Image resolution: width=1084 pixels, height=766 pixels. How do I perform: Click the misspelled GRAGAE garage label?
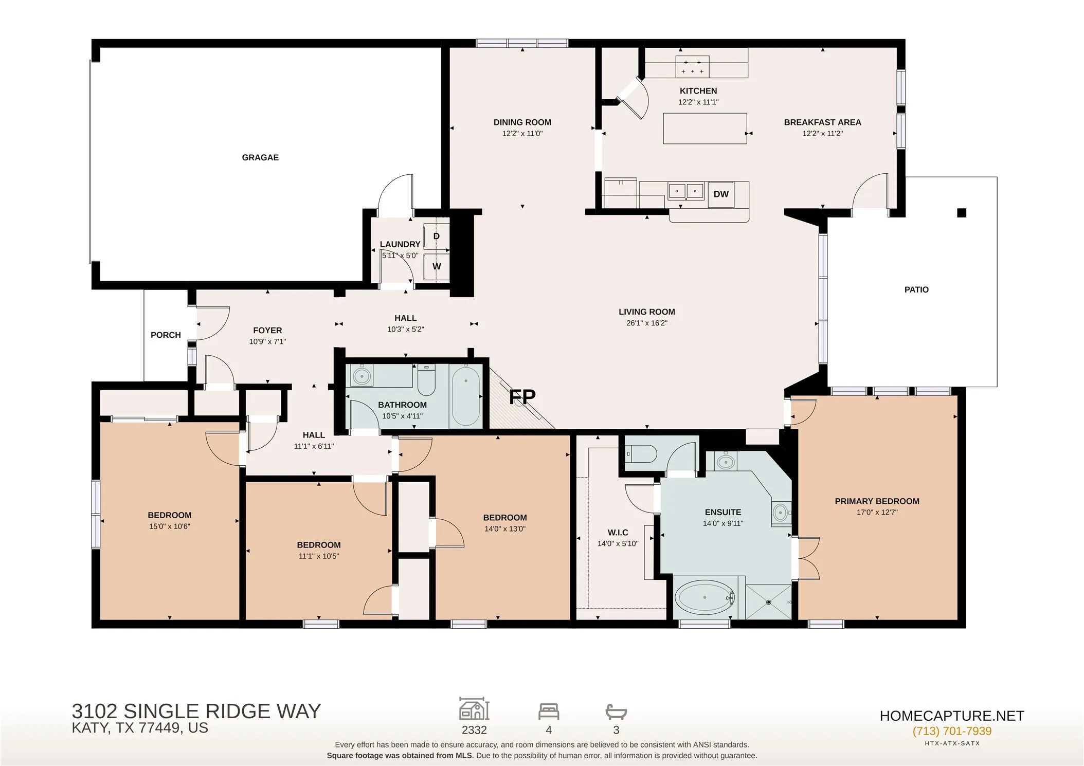click(260, 157)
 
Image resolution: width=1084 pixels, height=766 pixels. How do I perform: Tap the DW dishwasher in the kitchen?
click(721, 194)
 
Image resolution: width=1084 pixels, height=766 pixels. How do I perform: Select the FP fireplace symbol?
click(522, 396)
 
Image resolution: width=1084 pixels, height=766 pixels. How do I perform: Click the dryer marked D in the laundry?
click(436, 236)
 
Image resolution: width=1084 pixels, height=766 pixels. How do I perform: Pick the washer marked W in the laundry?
click(436, 266)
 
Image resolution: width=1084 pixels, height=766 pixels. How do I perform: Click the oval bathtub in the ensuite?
click(704, 597)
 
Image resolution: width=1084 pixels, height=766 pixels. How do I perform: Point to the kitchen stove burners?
click(692, 66)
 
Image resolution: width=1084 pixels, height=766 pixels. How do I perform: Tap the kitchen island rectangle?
click(704, 129)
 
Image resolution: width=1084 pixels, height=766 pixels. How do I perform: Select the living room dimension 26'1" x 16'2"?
click(646, 323)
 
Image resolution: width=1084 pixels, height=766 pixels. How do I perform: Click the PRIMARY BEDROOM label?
click(877, 501)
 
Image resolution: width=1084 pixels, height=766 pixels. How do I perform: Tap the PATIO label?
click(916, 290)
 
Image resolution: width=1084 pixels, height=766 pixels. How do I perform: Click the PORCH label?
click(166, 335)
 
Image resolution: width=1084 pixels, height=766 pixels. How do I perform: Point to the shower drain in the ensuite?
click(769, 602)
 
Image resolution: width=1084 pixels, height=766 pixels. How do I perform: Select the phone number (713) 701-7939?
click(952, 731)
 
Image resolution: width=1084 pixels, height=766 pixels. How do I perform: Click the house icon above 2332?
click(474, 709)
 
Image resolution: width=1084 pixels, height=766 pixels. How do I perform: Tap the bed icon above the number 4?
click(549, 712)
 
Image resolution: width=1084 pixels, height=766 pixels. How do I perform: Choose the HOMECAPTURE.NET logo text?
click(952, 716)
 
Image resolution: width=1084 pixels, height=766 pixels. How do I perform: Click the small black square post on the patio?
click(962, 213)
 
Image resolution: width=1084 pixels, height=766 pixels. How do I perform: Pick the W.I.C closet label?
click(618, 533)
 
